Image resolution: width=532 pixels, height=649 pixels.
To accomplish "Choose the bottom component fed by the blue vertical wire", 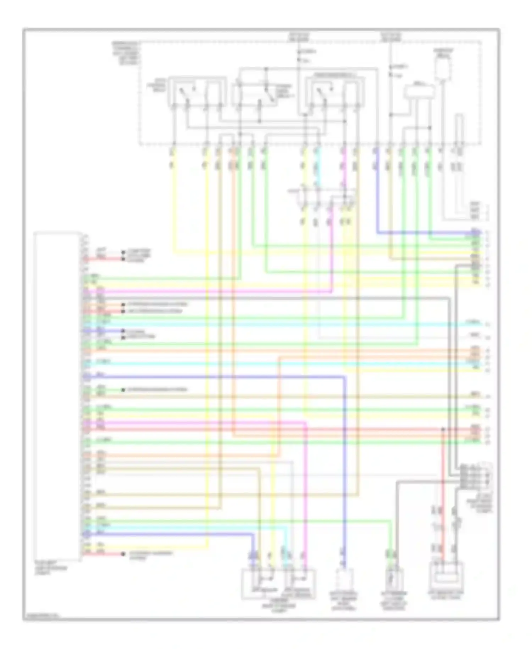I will point(344,581).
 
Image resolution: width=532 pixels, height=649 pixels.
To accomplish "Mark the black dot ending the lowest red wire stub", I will point(123,554).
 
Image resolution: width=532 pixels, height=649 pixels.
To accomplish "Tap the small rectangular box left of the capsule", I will point(420,92).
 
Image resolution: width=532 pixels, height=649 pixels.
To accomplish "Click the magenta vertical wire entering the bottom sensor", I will point(306,497).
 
